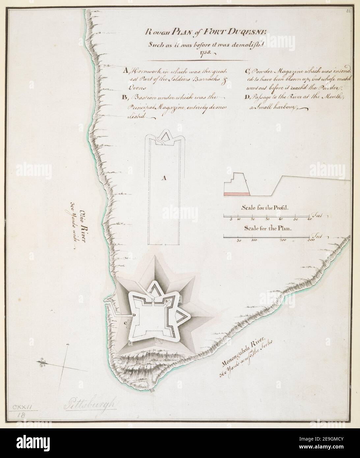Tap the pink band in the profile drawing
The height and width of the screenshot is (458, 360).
coord(236,194)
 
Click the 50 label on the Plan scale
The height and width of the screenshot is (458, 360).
coord(239,241)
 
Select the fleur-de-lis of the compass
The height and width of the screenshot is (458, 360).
coord(42,362)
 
